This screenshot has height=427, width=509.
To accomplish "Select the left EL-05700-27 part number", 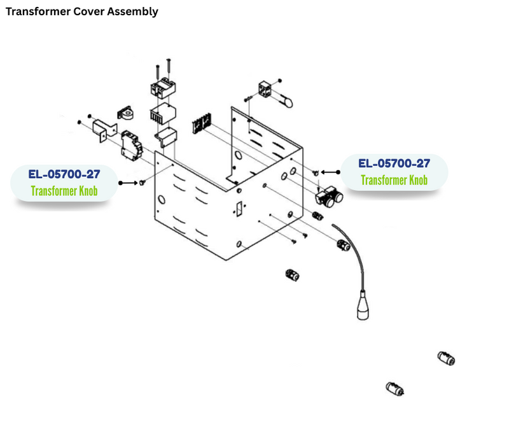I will click(64, 174).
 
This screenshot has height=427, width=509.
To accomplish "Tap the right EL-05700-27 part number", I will click(394, 164).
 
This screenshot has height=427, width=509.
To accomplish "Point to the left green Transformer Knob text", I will click(64, 190).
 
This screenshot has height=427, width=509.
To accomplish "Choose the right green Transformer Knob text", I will click(394, 180).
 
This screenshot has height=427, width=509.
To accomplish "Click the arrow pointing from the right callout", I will click(330, 172).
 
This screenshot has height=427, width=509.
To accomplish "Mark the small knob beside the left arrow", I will click(142, 183).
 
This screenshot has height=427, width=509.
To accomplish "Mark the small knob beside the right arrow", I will click(316, 172).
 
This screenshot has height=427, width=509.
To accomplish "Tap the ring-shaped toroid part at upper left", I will click(130, 114).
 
